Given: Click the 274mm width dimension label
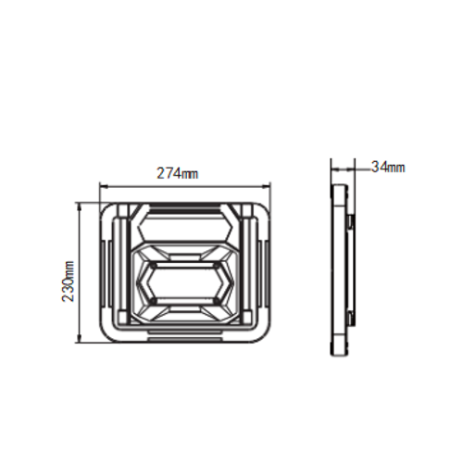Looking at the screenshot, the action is click(178, 173).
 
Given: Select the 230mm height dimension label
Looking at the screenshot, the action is click(69, 282).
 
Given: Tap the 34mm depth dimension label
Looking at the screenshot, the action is click(388, 168).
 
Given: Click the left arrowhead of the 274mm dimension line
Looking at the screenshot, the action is click(104, 186).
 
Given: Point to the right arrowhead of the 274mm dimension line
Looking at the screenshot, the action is click(267, 186).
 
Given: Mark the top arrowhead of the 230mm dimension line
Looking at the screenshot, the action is click(80, 206).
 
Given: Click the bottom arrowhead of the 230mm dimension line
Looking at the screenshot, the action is click(80, 338).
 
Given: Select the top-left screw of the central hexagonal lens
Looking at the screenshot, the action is click(154, 265).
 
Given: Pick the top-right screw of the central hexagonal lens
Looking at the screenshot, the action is click(217, 265).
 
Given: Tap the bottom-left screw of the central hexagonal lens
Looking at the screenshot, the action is click(154, 300).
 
